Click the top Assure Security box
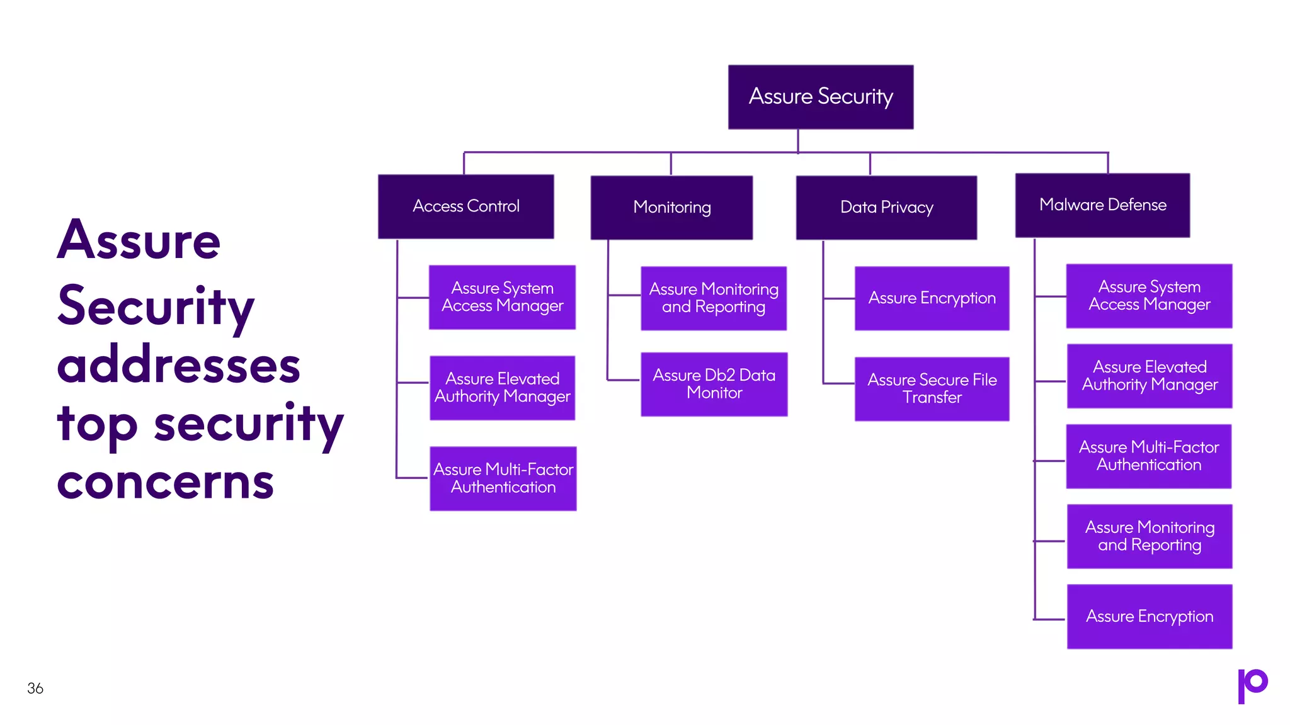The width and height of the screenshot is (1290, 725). pyautogui.click(x=821, y=97)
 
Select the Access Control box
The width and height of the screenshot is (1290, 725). pyautogui.click(x=466, y=206)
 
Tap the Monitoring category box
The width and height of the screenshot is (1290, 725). pyautogui.click(x=671, y=208)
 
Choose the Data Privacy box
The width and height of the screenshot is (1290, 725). pyautogui.click(x=886, y=208)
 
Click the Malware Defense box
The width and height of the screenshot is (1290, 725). pyautogui.click(x=1102, y=205)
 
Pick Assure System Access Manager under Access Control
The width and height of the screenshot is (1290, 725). pyautogui.click(x=502, y=297)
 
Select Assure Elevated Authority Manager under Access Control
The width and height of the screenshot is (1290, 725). pyautogui.click(x=502, y=388)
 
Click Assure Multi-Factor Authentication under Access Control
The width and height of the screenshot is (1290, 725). pyautogui.click(x=503, y=478)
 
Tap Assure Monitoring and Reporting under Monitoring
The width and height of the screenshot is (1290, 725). pyautogui.click(x=714, y=298)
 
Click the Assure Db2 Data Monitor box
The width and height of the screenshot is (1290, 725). pyautogui.click(x=714, y=384)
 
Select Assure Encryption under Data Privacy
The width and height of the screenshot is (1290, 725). pyautogui.click(x=932, y=298)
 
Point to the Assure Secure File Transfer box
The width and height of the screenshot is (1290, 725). pyautogui.click(x=932, y=389)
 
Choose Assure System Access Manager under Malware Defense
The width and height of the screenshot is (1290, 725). pyautogui.click(x=1149, y=296)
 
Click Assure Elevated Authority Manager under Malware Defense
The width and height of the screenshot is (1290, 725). pyautogui.click(x=1150, y=376)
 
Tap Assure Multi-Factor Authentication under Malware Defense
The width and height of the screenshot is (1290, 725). pyautogui.click(x=1148, y=456)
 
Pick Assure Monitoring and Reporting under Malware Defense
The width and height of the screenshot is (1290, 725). pyautogui.click(x=1150, y=536)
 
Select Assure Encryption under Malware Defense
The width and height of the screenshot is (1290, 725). pyautogui.click(x=1150, y=617)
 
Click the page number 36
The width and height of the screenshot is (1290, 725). pyautogui.click(x=35, y=688)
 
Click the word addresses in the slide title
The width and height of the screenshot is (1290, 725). pyautogui.click(x=178, y=366)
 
